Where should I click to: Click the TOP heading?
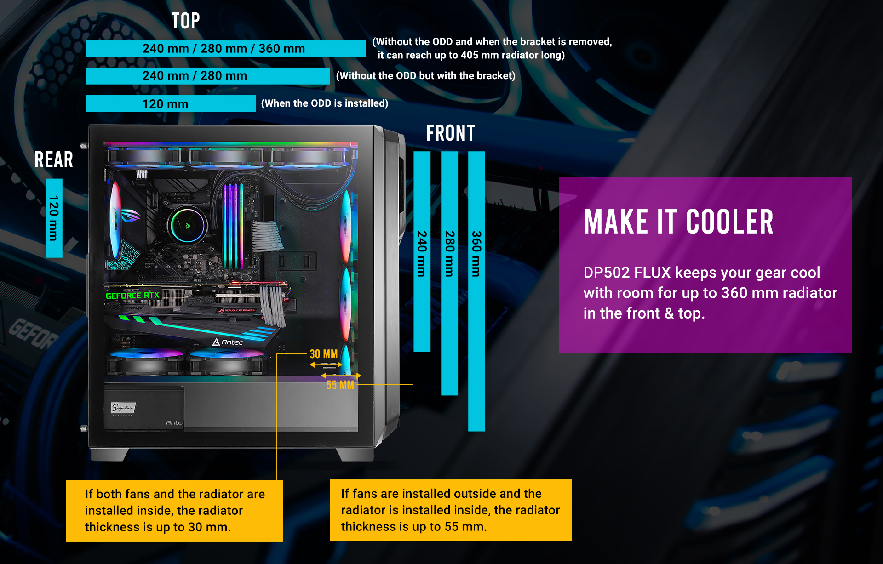[x=185, y=21]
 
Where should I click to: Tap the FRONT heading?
[x=450, y=133]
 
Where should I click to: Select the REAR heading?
[x=54, y=160]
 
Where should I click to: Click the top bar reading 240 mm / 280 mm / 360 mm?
[x=225, y=49]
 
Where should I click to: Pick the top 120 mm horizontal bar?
[x=170, y=104]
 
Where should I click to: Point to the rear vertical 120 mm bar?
[x=54, y=218]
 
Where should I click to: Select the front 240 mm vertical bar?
[x=422, y=252]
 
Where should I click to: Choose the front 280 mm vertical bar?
[x=449, y=273]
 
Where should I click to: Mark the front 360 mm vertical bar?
[x=476, y=291]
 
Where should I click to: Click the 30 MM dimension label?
[x=324, y=354]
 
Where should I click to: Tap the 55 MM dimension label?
[x=340, y=385]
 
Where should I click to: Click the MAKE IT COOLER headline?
[x=678, y=222]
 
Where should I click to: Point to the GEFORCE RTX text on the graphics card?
[x=132, y=296]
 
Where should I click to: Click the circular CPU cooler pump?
[x=187, y=225]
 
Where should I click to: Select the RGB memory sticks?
[x=234, y=225]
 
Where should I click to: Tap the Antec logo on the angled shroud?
[x=228, y=342]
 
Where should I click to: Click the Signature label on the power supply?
[x=123, y=408]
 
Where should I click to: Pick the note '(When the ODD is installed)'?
[x=325, y=103]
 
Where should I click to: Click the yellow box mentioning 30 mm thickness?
[x=174, y=511]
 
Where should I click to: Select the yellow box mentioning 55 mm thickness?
[x=450, y=510]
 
